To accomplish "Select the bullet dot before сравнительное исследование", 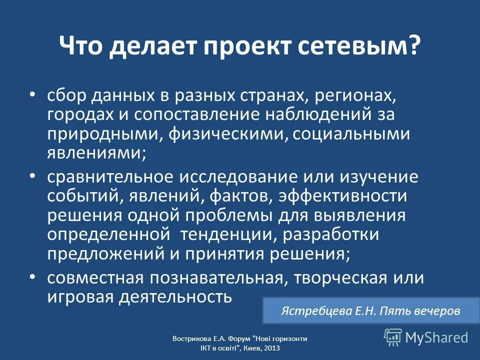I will tap(32, 176).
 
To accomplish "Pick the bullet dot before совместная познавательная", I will tap(32, 276).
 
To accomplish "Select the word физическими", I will tap(226, 133).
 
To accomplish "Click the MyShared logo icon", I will tap(393, 337).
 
